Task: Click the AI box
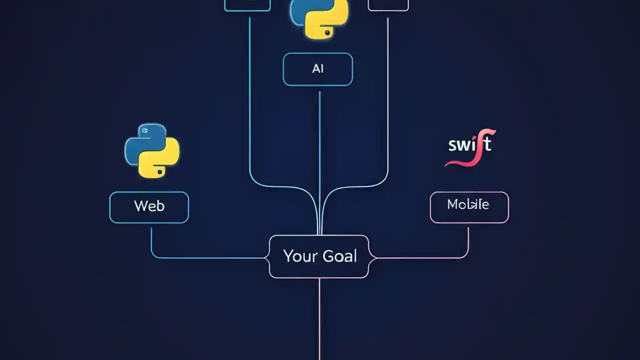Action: pos(317,69)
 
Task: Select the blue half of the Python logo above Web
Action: pos(139,142)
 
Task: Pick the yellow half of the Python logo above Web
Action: pos(161,159)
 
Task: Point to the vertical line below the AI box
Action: pos(319,150)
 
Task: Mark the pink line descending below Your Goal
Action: pos(319,320)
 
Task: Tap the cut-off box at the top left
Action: pos(247,5)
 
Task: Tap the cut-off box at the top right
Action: pos(388,5)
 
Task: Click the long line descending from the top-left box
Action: pos(249,100)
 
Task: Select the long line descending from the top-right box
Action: pos(388,100)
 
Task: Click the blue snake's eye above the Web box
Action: pos(145,130)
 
